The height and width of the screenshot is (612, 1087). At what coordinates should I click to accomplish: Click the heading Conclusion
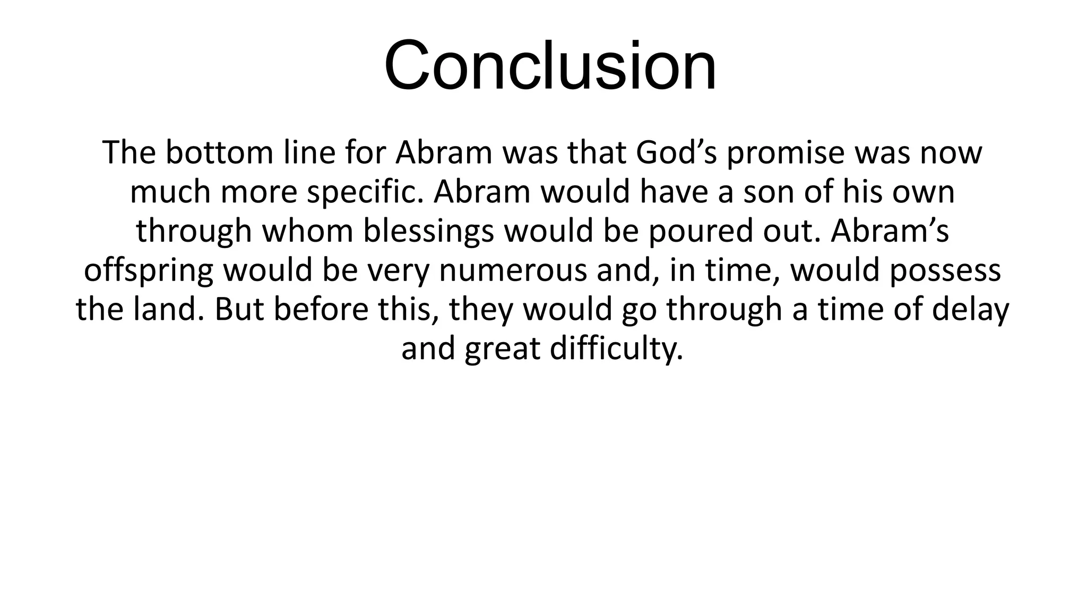[x=550, y=66]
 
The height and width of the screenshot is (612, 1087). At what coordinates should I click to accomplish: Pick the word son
[x=769, y=193]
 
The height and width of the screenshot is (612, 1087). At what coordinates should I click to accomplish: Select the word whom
[x=307, y=232]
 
